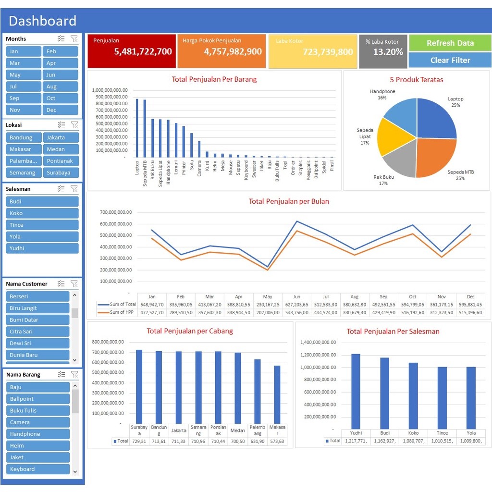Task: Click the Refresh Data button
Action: point(450,43)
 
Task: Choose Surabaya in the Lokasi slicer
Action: point(60,172)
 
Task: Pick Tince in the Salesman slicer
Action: point(42,225)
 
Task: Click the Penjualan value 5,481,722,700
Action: point(143,52)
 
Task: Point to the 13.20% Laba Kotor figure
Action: point(388,52)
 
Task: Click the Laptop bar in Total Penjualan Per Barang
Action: point(137,128)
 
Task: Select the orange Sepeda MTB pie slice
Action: point(435,156)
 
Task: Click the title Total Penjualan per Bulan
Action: point(289,201)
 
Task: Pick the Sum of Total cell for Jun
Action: point(296,304)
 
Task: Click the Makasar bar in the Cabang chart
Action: point(277,394)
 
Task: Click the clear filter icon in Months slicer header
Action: point(74,39)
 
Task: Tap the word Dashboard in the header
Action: point(42,21)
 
